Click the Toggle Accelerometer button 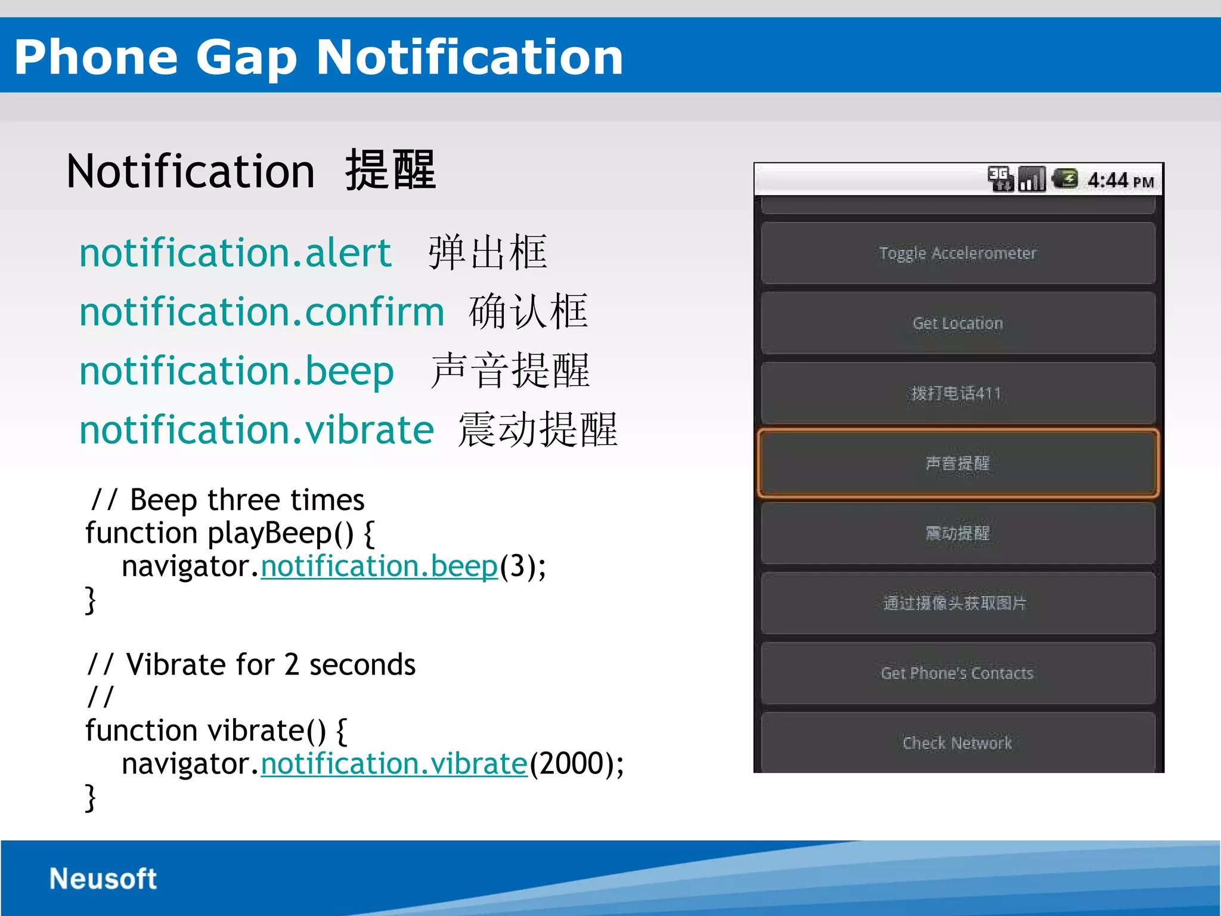957,253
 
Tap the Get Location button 957,323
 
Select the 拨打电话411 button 957,394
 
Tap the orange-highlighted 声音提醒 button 957,463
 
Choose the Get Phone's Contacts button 957,673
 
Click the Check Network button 957,743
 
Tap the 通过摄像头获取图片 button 957,603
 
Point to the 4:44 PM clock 1120,180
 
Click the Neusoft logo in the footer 103,879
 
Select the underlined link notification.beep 379,567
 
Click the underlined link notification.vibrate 394,764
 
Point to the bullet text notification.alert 235,253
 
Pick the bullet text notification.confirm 262,312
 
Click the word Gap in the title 246,57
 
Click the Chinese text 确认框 528,311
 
